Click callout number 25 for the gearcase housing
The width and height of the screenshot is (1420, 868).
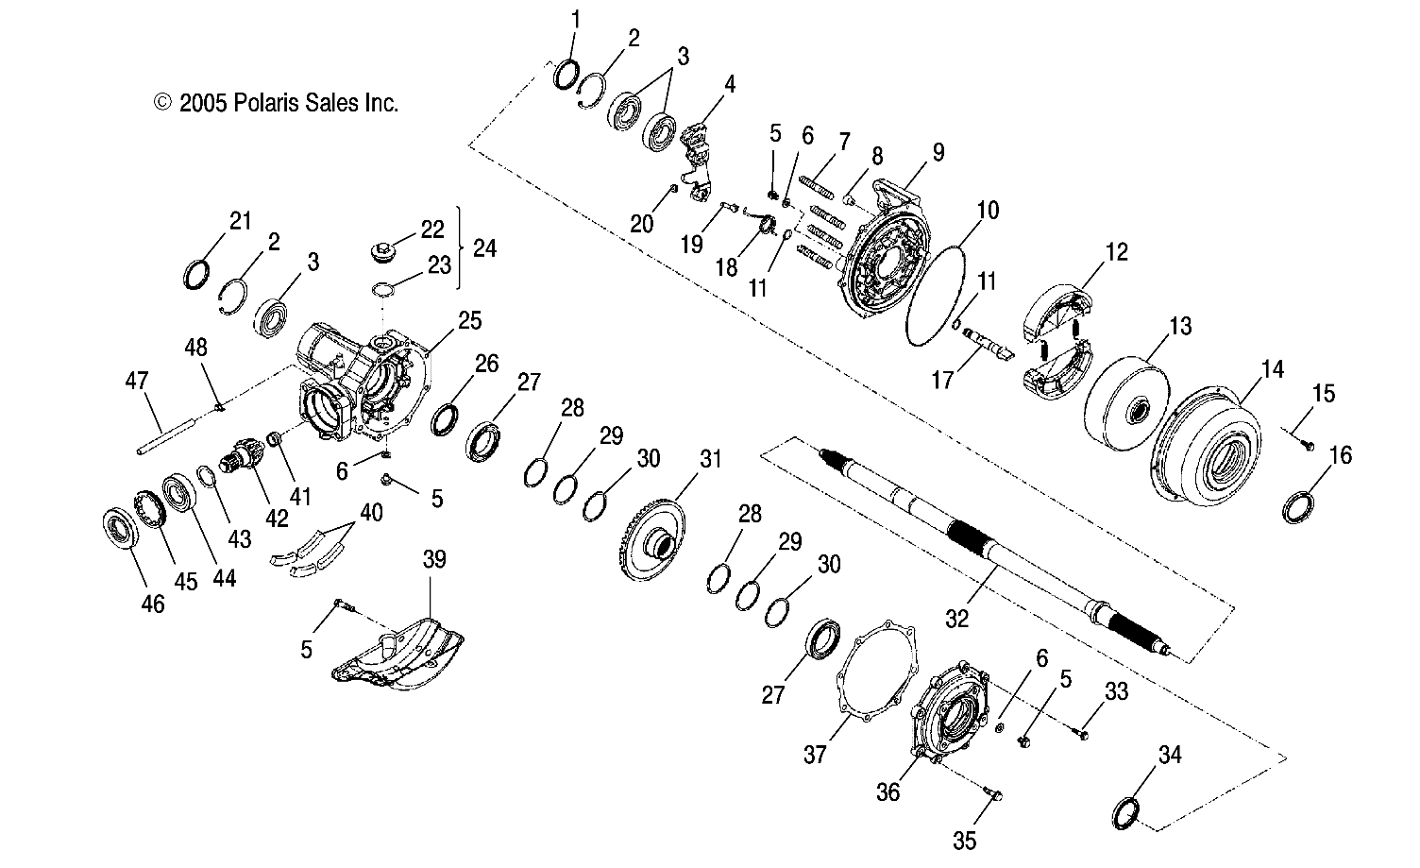pos(468,320)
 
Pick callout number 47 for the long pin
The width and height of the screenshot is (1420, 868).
pos(137,381)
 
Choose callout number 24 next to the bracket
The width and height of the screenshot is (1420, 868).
pos(484,248)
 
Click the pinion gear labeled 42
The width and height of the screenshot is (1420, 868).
pos(245,462)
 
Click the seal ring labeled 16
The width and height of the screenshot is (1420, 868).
pos(1301,507)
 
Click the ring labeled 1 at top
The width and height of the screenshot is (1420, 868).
pos(566,74)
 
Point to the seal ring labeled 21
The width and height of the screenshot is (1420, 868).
pos(196,275)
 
